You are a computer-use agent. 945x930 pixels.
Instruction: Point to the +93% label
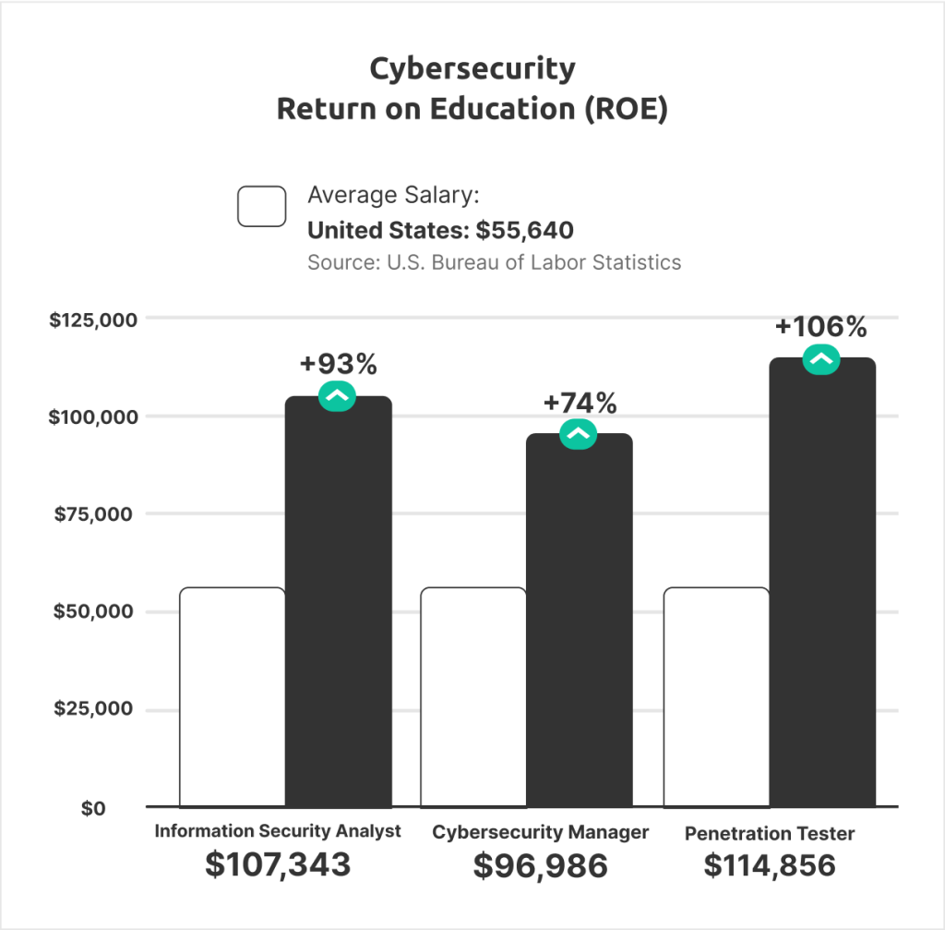[339, 365]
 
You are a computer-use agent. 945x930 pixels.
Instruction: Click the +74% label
[580, 404]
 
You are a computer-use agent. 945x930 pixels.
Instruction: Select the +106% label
[821, 327]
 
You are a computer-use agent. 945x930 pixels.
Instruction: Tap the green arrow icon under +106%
[821, 359]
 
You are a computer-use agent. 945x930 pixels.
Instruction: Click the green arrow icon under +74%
[579, 435]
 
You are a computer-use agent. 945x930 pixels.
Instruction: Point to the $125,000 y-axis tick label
[93, 320]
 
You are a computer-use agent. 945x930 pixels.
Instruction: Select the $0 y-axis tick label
[93, 808]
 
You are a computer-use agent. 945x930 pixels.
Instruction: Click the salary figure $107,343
[278, 864]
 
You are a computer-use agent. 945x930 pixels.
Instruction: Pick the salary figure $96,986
[541, 865]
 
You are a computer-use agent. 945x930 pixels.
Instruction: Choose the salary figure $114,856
[770, 865]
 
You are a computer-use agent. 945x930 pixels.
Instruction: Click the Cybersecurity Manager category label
[541, 832]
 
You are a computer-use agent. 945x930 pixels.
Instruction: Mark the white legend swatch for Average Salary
[262, 206]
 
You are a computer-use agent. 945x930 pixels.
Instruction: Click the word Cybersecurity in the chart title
[472, 68]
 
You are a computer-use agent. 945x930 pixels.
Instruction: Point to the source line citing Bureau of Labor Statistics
[494, 262]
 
